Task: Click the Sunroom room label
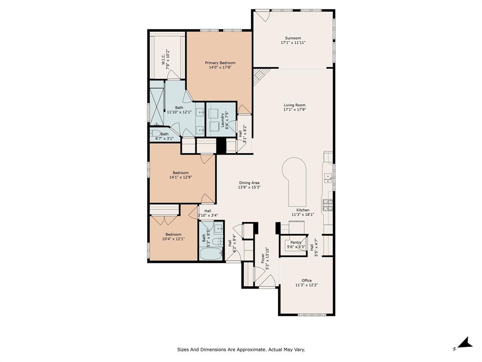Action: (x=293, y=38)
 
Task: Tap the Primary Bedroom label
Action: (x=220, y=63)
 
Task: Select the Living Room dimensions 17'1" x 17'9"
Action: (x=295, y=109)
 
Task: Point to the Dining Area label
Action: (x=249, y=183)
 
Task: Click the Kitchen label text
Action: (x=303, y=210)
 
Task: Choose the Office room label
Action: (x=306, y=280)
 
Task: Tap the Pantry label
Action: (x=296, y=242)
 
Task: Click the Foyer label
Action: (x=263, y=259)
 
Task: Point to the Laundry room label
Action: (x=222, y=120)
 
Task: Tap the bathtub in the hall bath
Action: (x=210, y=254)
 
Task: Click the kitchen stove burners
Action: (x=327, y=204)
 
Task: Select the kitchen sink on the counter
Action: (x=329, y=178)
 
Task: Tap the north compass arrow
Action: (x=466, y=343)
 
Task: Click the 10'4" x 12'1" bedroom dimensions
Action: (x=173, y=239)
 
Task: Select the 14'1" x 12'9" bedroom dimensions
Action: (x=181, y=177)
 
